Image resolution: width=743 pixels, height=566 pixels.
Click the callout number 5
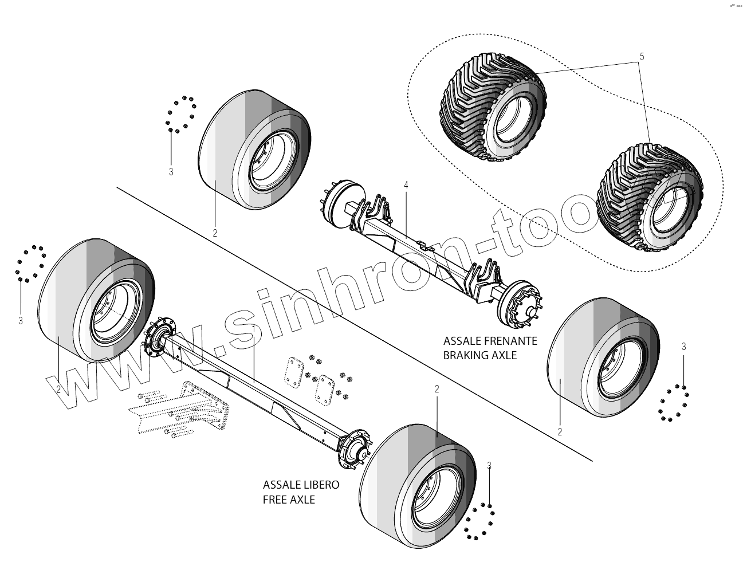pos(642,56)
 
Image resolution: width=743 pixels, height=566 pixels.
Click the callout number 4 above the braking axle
pos(406,185)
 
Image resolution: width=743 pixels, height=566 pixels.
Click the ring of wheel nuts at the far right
pos(674,403)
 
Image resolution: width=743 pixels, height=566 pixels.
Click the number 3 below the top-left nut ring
pos(171,171)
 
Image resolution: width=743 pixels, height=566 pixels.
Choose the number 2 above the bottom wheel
pos(437,389)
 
